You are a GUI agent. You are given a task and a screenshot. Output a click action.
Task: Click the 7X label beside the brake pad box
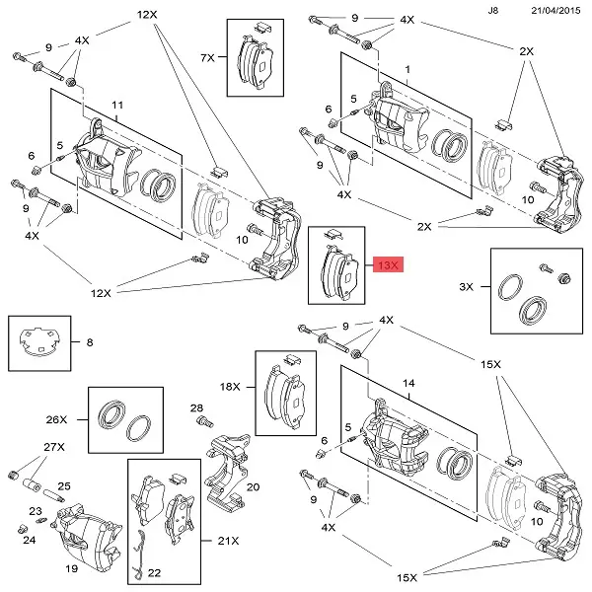coord(208,58)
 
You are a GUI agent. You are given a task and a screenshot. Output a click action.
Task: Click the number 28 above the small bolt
coord(196,407)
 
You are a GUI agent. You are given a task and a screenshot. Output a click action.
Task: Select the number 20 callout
coord(253,487)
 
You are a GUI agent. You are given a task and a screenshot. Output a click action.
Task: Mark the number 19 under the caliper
coord(71,569)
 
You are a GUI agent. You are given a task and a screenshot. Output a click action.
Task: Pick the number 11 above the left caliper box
coord(116,105)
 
